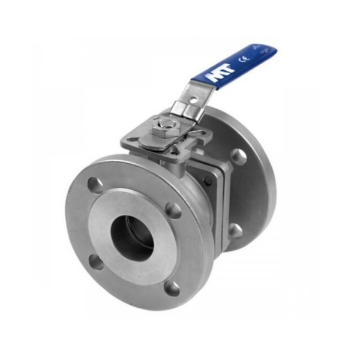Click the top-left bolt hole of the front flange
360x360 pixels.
point(95,184)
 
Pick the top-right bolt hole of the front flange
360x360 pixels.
point(173,209)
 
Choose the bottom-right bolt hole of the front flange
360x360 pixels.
point(172,288)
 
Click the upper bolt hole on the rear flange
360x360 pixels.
point(238,156)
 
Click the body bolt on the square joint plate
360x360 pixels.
point(208,181)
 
